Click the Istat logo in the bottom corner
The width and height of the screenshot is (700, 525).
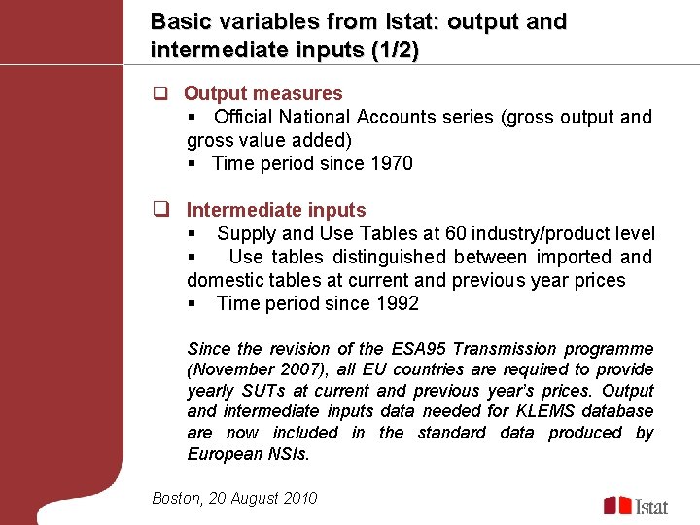[x=637, y=506]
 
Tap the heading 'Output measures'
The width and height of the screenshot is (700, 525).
[x=262, y=93]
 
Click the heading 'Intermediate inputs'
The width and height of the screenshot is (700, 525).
[x=276, y=210]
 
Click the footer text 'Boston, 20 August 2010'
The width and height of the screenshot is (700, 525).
[x=234, y=498]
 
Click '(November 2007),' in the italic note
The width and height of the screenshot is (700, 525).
[x=251, y=369]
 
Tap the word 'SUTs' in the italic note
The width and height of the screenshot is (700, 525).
[x=282, y=391]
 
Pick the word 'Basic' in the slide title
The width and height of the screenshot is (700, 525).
[x=178, y=21]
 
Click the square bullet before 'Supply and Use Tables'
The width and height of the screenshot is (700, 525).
[x=192, y=234]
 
